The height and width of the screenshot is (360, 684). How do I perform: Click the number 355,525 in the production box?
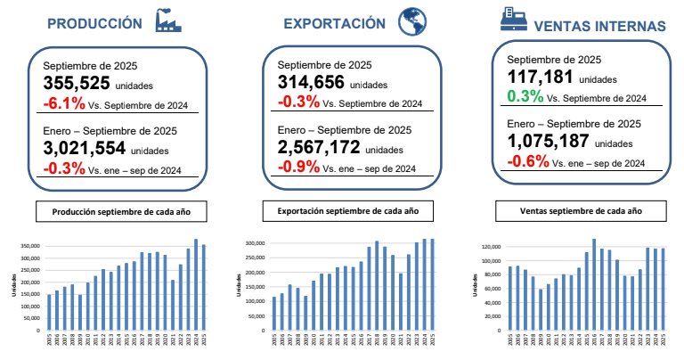click(x=77, y=83)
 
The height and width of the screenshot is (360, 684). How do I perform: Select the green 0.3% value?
click(x=525, y=95)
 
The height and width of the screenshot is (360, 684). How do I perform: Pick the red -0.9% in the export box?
click(x=297, y=167)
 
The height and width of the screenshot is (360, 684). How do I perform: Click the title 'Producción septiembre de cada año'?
click(x=121, y=212)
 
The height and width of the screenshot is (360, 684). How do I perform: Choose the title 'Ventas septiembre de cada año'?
click(x=581, y=212)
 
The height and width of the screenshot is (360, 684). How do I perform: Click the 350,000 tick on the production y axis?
click(x=28, y=246)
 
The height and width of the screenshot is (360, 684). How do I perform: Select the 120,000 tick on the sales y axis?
click(x=490, y=245)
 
